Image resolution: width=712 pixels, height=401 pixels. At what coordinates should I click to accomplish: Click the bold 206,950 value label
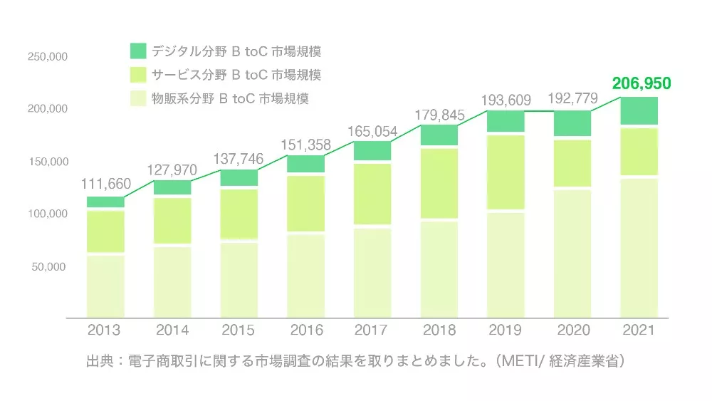642,84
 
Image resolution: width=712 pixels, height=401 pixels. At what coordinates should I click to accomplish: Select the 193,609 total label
506,100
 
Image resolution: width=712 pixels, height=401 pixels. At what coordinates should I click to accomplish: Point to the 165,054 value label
372,131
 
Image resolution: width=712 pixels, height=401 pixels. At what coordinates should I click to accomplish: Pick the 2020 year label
572,330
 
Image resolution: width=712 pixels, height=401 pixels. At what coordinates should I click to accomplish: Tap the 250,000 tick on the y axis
48,56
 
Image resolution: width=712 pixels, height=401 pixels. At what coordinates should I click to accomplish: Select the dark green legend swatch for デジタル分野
138,51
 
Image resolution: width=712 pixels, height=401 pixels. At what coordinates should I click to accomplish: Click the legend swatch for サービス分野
138,74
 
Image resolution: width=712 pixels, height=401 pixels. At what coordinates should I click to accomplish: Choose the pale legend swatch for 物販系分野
138,98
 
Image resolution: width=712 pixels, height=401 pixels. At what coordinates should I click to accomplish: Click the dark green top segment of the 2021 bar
639,110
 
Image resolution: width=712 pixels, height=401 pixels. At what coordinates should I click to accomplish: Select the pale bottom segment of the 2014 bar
172,281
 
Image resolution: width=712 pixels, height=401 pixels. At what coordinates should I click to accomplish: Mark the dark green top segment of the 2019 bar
506,121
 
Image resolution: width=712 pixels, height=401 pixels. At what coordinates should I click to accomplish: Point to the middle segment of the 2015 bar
239,214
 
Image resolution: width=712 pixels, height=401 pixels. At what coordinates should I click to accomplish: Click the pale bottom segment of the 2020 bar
572,253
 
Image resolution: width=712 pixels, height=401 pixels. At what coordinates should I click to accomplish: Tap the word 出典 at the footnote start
95,361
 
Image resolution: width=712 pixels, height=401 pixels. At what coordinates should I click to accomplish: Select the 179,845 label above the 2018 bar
439,115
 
